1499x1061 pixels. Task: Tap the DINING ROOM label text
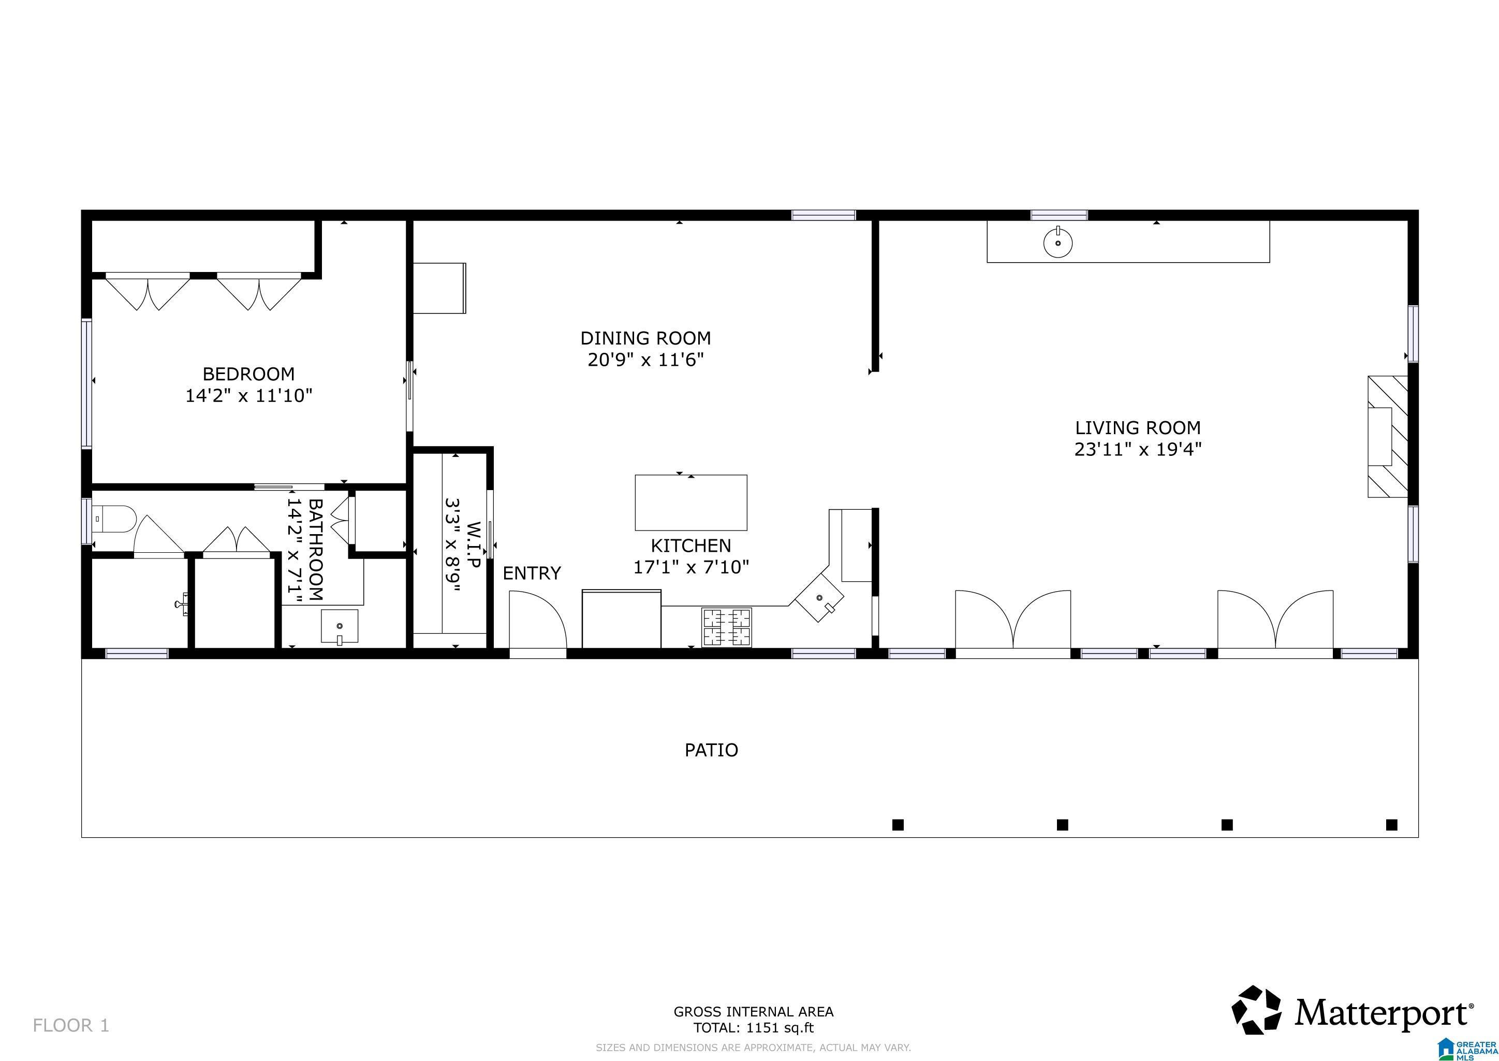coord(645,338)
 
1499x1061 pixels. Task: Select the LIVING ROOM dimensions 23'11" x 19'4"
coord(1138,450)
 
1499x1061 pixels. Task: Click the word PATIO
coord(711,750)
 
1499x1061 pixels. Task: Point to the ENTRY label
coord(532,573)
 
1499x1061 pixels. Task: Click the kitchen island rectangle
coord(690,503)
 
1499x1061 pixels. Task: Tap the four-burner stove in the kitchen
coord(727,627)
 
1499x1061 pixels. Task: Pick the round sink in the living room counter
coord(1057,243)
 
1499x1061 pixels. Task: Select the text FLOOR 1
coord(71,1026)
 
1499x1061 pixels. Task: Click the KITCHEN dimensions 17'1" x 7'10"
coord(690,567)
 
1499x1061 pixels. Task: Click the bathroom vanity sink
coord(340,626)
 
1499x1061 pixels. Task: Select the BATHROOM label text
coord(315,550)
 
